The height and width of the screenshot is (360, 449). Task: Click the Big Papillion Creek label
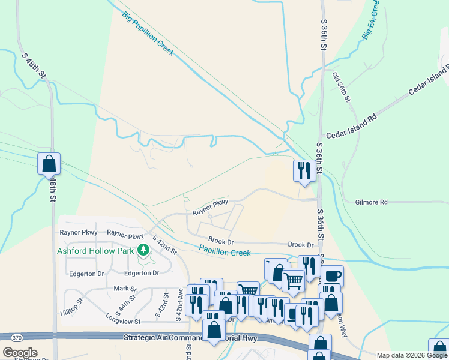[148, 34]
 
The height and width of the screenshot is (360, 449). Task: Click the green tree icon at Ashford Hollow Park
[143, 249]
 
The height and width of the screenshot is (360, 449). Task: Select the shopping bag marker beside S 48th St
[49, 163]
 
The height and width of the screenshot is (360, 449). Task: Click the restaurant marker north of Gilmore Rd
[304, 170]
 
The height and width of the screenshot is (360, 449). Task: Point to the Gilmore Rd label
[371, 202]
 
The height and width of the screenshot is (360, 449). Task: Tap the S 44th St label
[124, 306]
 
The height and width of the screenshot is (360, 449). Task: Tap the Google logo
[20, 353]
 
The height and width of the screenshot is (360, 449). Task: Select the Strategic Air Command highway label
[174, 338]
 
